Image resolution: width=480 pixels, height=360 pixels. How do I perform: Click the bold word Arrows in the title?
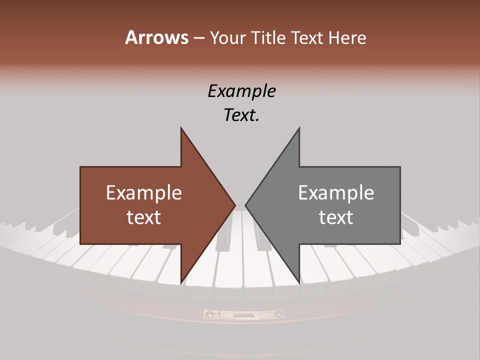click(x=156, y=37)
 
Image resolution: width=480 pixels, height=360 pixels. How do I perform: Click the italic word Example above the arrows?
click(x=241, y=91)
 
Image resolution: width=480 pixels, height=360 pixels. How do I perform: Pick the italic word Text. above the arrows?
click(x=241, y=115)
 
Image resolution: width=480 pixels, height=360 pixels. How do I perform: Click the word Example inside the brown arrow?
click(x=144, y=193)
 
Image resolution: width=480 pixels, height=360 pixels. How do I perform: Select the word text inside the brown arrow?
click(x=144, y=217)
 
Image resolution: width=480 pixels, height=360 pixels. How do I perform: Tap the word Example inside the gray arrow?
click(x=336, y=193)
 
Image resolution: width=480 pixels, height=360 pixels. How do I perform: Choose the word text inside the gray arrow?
click(x=336, y=217)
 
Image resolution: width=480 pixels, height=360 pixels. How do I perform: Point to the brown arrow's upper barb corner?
click(x=181, y=128)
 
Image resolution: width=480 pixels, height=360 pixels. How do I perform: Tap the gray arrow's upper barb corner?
click(x=299, y=128)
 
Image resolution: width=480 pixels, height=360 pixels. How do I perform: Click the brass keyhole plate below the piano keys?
click(x=243, y=314)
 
